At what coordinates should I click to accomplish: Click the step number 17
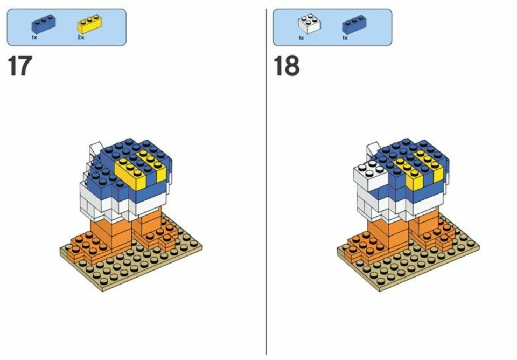tap(20, 66)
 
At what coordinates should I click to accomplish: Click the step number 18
tap(287, 66)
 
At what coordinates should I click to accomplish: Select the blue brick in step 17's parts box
tap(44, 24)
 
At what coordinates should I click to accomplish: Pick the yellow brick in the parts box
tap(89, 24)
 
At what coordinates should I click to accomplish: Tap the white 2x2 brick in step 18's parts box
tap(309, 23)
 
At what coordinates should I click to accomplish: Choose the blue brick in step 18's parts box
tap(354, 24)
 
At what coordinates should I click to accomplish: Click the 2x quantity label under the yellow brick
tap(81, 38)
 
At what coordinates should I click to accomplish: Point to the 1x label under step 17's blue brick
tap(34, 38)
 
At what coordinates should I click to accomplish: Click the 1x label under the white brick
tap(301, 38)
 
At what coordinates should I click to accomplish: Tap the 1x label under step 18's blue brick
tap(345, 38)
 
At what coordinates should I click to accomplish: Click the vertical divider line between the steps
tap(266, 182)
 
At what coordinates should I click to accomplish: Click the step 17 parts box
tap(67, 27)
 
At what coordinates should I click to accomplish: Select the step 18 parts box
tap(332, 27)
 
